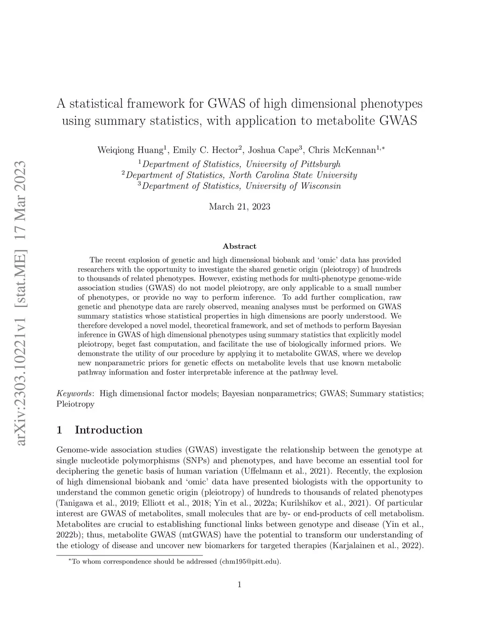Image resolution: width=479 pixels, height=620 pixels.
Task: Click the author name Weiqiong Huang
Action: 130,150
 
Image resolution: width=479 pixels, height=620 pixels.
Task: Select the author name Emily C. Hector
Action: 205,150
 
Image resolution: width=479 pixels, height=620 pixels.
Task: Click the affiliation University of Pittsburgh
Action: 293,164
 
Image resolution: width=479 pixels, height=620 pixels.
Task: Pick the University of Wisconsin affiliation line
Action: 293,186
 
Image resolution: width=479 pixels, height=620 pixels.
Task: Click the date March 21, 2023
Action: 239,206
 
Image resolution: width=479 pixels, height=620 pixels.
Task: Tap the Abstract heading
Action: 239,246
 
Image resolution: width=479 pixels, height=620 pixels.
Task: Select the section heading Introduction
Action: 109,430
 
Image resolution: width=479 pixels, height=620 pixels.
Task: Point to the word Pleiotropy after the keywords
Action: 75,404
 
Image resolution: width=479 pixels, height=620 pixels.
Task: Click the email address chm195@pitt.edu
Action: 249,561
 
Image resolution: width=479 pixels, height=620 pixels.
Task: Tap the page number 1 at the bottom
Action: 239,584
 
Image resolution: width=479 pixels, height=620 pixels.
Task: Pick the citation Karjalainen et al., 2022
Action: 377,545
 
